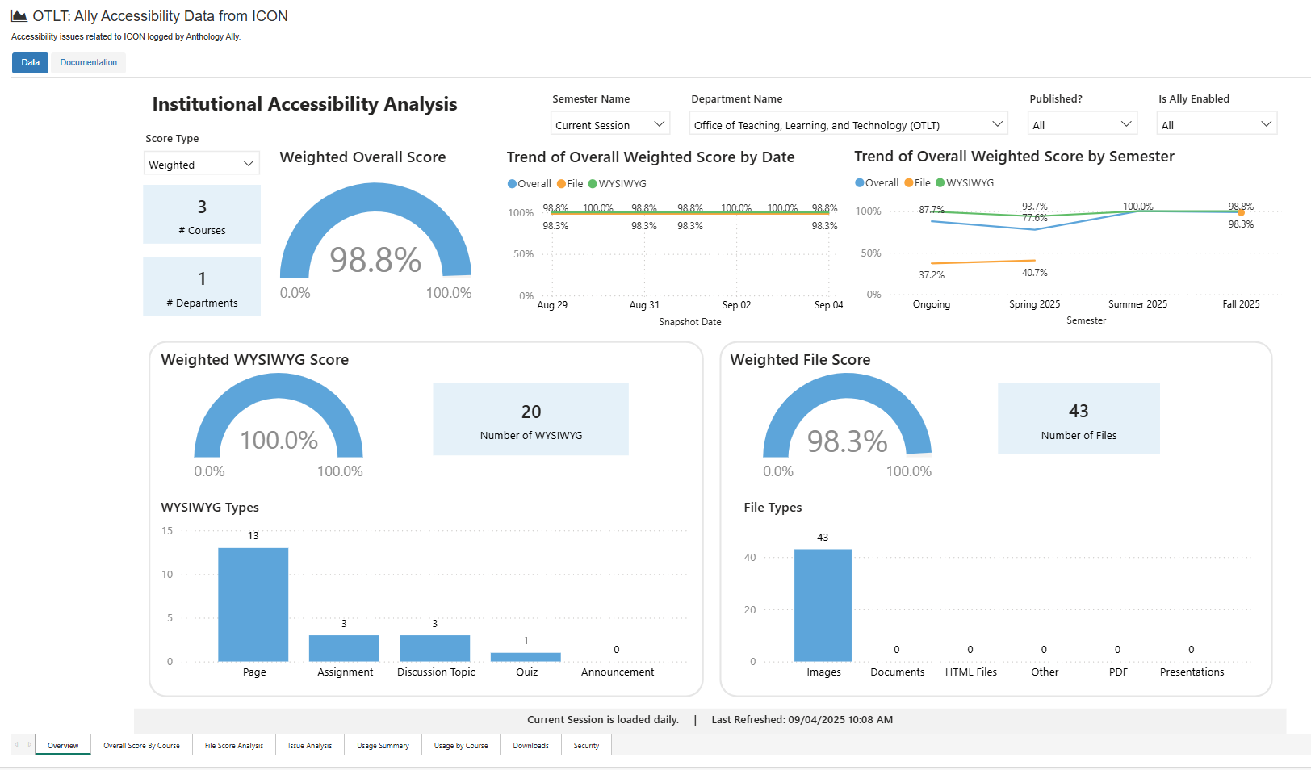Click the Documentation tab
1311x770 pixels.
[x=88, y=63]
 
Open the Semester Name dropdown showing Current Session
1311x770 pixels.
[x=610, y=124]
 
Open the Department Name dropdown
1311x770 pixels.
[x=848, y=124]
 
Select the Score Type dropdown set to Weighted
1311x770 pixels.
[x=202, y=164]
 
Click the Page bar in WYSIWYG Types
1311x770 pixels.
[x=253, y=605]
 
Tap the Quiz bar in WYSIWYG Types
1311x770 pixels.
[x=526, y=657]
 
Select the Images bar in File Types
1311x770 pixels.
[x=823, y=605]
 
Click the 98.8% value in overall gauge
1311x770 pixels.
[x=375, y=260]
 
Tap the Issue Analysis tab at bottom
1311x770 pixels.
[x=310, y=746]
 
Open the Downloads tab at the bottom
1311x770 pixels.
[x=530, y=746]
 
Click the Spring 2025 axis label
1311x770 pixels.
[x=1034, y=304]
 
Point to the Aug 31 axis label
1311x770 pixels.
[x=644, y=305]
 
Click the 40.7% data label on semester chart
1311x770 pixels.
[x=1034, y=273]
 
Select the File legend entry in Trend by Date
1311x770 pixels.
[x=570, y=184]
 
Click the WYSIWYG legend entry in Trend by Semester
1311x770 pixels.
[x=965, y=183]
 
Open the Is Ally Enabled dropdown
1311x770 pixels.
[x=1217, y=124]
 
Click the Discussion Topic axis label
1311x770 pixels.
[x=436, y=672]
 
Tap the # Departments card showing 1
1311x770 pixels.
[x=202, y=287]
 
